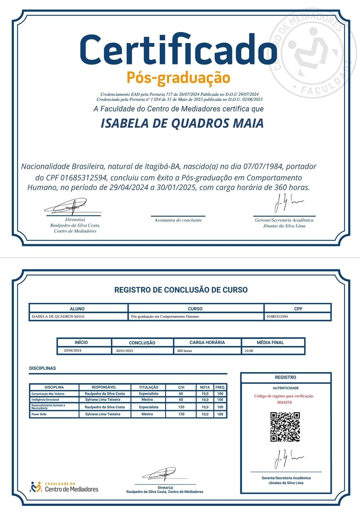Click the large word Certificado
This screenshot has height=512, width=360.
tap(178, 50)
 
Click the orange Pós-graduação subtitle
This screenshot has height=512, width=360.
tap(178, 78)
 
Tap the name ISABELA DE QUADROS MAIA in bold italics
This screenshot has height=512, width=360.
tap(182, 123)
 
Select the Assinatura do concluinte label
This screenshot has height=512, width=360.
tap(178, 220)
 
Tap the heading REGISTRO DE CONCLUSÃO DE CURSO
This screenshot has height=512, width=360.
tap(181, 290)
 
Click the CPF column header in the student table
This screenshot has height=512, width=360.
tap(298, 309)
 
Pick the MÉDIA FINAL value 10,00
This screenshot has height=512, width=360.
tap(249, 351)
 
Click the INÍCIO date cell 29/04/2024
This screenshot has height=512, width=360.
tap(72, 350)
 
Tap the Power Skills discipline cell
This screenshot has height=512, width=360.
tap(39, 414)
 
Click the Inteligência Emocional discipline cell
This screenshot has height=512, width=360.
tap(45, 400)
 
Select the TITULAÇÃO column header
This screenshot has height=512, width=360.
tap(149, 387)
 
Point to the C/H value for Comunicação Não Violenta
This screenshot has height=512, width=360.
tap(181, 394)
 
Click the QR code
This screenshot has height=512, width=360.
tap(285, 427)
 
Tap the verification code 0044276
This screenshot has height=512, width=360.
tap(284, 402)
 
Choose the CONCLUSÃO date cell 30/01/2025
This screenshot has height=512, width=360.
tap(125, 351)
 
